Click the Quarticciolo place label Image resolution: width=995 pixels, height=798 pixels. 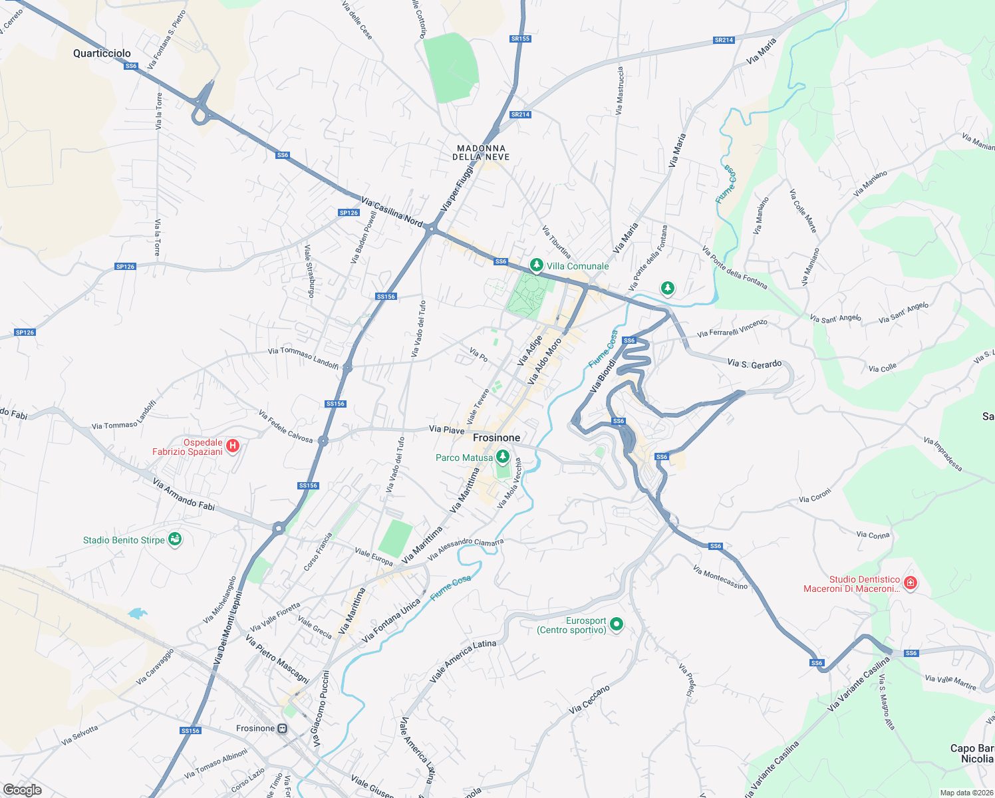102,53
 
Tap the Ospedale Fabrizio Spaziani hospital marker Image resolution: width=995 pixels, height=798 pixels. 232,446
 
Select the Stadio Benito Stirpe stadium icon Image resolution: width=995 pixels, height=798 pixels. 175,539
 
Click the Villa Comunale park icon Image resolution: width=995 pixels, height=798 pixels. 536,265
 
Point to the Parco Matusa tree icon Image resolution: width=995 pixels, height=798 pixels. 503,457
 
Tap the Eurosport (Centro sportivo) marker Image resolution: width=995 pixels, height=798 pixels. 617,624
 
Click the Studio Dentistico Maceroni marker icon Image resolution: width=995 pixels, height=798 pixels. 911,584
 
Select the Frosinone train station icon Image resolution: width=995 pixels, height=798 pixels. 283,728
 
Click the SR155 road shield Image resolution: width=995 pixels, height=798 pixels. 520,39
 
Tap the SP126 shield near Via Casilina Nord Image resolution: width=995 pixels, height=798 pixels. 349,213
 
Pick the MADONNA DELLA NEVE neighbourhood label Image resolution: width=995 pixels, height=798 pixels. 481,153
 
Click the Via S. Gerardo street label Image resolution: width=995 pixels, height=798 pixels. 754,364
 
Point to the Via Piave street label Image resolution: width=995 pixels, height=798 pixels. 446,430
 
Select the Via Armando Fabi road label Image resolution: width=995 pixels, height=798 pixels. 184,494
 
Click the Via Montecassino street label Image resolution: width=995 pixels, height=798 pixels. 720,577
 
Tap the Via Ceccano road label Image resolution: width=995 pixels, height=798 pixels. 589,700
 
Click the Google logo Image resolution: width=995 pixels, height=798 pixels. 22,789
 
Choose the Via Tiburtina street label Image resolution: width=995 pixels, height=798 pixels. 556,241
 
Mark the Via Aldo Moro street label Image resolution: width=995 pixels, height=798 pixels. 544,361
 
